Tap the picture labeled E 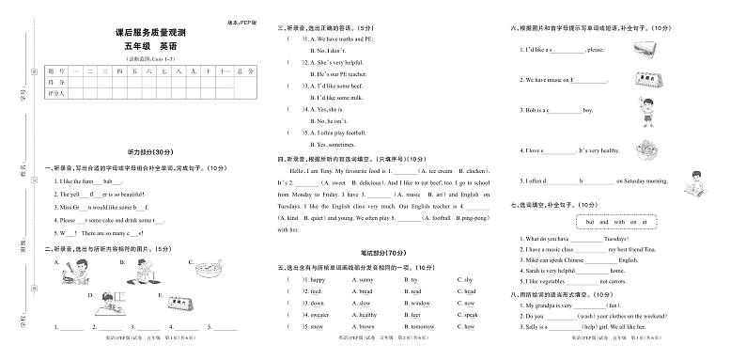click(174, 304)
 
